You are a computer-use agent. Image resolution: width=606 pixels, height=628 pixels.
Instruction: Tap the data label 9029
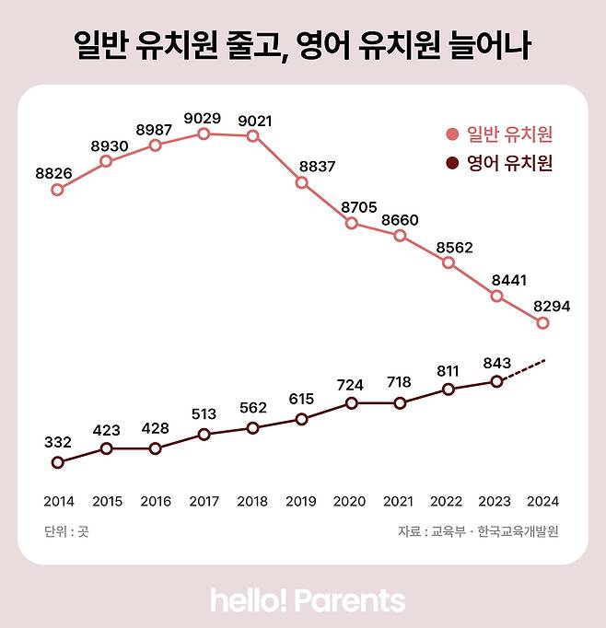(204, 117)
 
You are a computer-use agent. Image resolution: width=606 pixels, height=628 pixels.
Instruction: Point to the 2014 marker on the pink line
(58, 190)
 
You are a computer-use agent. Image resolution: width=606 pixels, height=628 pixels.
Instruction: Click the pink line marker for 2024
(543, 323)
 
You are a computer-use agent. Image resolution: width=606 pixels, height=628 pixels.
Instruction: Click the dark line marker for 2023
(496, 381)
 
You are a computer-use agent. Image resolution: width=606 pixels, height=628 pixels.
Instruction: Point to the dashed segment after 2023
(523, 369)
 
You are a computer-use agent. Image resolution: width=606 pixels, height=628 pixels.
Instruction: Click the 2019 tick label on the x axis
(301, 502)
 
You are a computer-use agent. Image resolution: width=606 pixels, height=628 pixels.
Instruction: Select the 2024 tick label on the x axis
(543, 502)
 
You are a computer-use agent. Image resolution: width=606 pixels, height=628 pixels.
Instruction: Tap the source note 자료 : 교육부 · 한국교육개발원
(478, 531)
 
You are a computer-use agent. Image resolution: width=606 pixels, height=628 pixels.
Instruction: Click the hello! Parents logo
(308, 600)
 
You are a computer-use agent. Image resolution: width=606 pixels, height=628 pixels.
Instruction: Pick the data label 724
(351, 384)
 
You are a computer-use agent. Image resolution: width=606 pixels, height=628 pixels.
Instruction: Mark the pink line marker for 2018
(252, 136)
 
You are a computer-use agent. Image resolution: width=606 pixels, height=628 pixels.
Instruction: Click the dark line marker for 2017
(204, 434)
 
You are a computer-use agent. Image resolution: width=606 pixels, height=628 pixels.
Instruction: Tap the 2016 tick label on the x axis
(155, 502)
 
